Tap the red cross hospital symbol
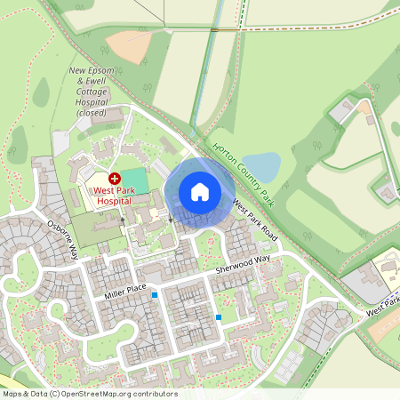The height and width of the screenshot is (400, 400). click(x=114, y=179)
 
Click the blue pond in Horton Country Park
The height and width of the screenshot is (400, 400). click(x=261, y=166)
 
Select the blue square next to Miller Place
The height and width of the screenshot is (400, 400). click(x=155, y=295)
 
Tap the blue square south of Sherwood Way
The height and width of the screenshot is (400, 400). click(x=219, y=316)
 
